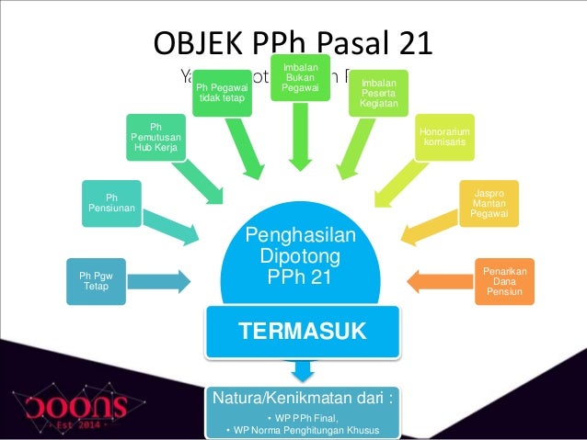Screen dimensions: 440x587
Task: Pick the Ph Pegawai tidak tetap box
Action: point(223,92)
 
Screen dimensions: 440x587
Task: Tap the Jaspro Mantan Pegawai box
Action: point(489,203)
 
